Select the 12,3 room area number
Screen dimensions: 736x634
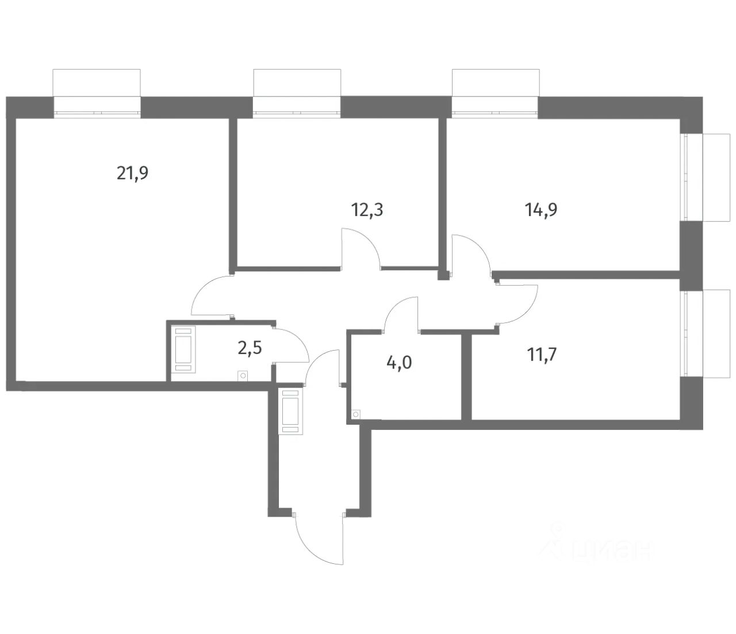(x=367, y=209)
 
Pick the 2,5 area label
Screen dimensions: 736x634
(x=250, y=348)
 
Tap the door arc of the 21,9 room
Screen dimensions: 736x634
(x=210, y=294)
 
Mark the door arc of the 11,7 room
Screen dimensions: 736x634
(x=519, y=304)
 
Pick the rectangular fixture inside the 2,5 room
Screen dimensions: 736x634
(x=185, y=348)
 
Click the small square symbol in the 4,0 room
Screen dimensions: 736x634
(x=356, y=414)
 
